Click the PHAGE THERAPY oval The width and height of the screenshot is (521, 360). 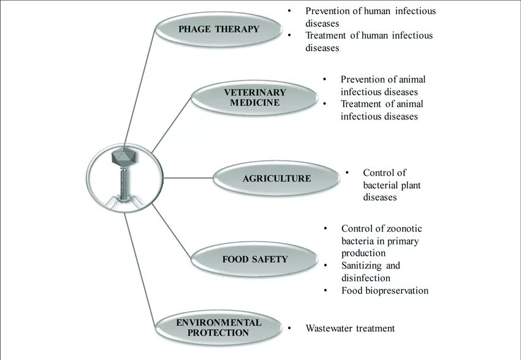click(219, 29)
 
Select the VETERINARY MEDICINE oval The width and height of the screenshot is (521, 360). click(255, 98)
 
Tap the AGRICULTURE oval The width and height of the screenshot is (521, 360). click(276, 178)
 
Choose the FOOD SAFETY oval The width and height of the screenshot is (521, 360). click(254, 259)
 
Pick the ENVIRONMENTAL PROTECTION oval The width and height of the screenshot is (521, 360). click(218, 327)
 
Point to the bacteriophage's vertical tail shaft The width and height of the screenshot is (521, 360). click(124, 182)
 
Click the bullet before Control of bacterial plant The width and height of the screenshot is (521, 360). click(347, 173)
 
